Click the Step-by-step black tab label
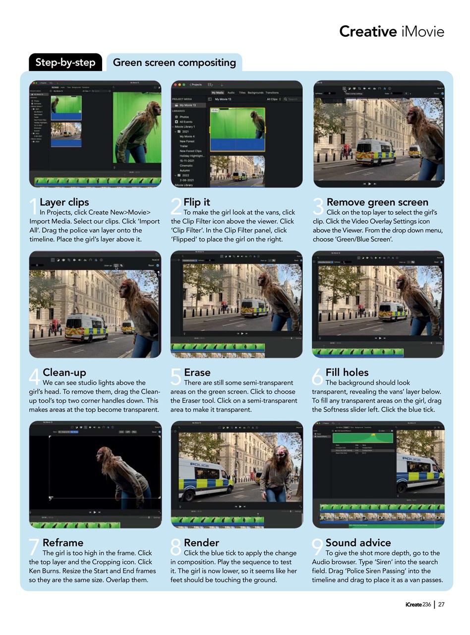(x=65, y=63)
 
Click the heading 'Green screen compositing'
(x=174, y=63)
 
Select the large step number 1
(x=33, y=207)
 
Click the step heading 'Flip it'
(x=197, y=202)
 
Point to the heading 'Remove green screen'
(x=377, y=202)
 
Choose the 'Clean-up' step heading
(x=64, y=372)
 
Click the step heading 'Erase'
(x=197, y=372)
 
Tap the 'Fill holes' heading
(x=347, y=372)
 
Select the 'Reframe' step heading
(x=63, y=542)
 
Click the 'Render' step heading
(x=201, y=542)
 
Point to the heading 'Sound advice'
(x=358, y=542)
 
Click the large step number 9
(x=317, y=548)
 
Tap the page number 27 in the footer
(x=441, y=604)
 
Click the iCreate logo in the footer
(x=413, y=604)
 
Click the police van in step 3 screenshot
(x=375, y=152)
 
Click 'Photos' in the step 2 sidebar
(x=184, y=117)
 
